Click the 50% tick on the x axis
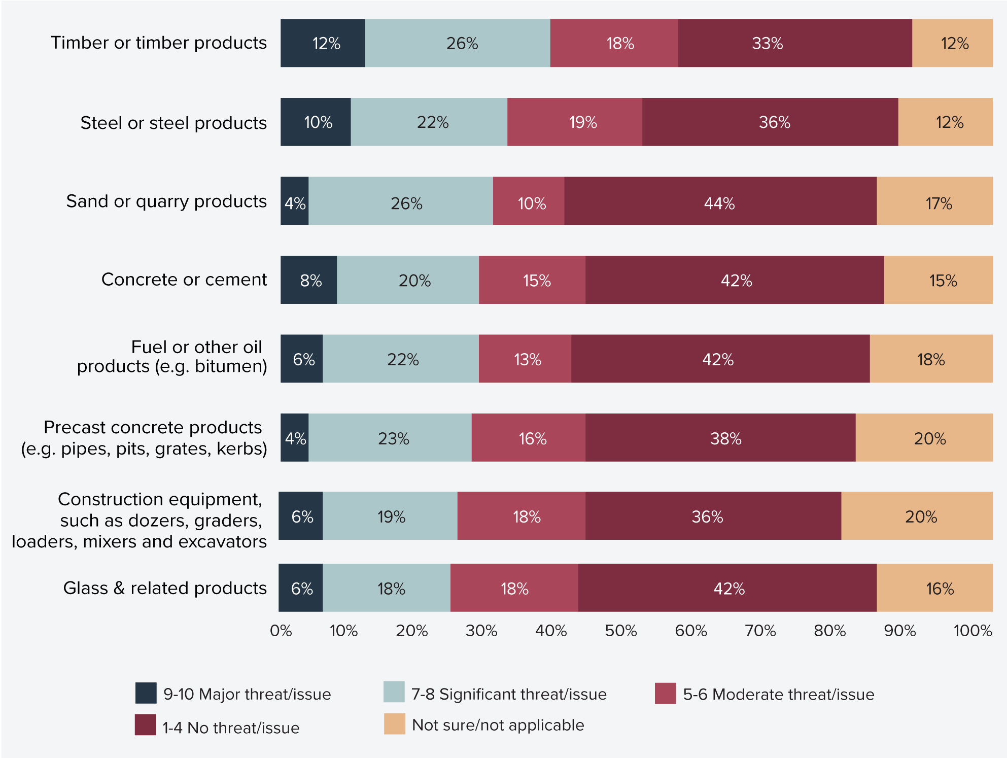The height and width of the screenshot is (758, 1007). [620, 631]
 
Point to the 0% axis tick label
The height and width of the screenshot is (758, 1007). [281, 631]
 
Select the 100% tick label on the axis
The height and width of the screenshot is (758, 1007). [972, 631]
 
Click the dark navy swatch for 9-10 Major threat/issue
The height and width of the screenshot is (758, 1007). [146, 693]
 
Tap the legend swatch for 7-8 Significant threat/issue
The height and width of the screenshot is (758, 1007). [394, 692]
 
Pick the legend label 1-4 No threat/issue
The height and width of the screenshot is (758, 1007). [231, 728]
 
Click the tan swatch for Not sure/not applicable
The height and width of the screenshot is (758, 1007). [394, 724]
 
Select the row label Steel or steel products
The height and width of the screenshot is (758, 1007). [173, 123]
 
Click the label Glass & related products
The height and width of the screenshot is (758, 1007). [165, 588]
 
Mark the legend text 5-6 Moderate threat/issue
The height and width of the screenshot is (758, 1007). [778, 694]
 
